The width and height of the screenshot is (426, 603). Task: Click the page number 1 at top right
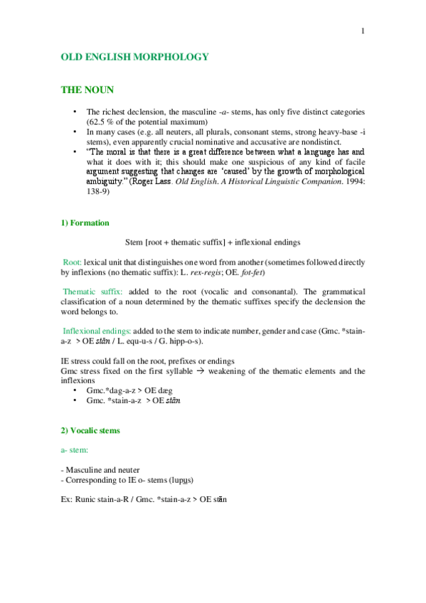(x=363, y=31)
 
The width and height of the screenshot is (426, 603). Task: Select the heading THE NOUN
(x=87, y=90)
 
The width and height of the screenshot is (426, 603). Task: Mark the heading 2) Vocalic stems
(x=90, y=431)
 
